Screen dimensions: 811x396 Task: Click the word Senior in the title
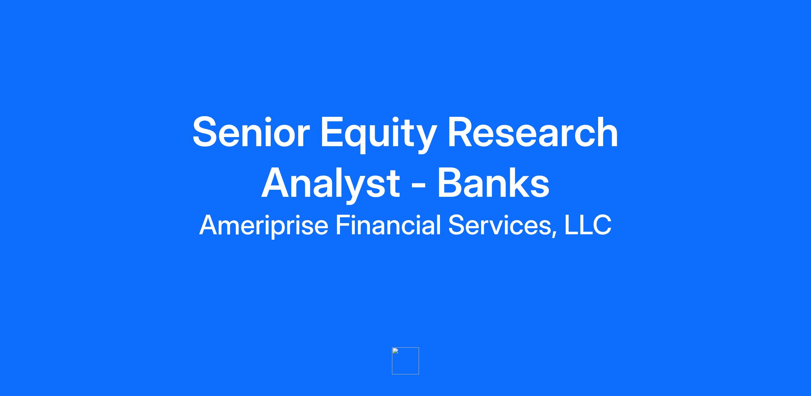tap(251, 132)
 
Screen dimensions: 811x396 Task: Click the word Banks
tap(494, 182)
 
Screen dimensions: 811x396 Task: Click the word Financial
tap(388, 225)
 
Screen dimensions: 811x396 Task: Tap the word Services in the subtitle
tap(500, 225)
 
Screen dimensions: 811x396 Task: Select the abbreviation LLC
tap(588, 225)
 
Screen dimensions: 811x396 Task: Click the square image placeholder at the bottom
tap(405, 361)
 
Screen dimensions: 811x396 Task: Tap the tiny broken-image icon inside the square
tap(395, 351)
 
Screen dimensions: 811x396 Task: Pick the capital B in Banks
tap(451, 182)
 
